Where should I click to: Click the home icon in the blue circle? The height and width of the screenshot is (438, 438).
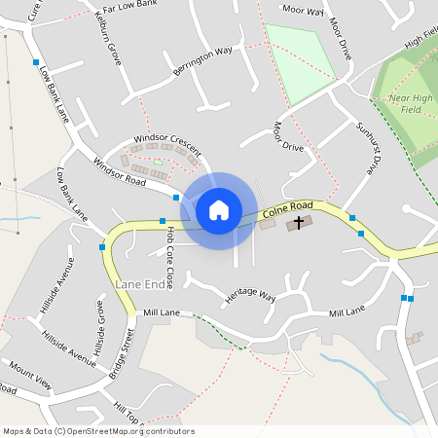click(x=219, y=209)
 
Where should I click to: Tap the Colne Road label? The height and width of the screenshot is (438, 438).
click(x=287, y=207)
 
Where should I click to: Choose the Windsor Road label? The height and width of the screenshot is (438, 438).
click(x=119, y=172)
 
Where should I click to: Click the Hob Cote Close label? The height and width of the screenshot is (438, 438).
click(x=169, y=258)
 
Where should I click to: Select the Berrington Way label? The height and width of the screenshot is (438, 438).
click(x=203, y=60)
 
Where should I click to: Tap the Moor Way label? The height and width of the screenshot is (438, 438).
click(x=302, y=11)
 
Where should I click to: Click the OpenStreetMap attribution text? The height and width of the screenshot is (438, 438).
click(x=98, y=431)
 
